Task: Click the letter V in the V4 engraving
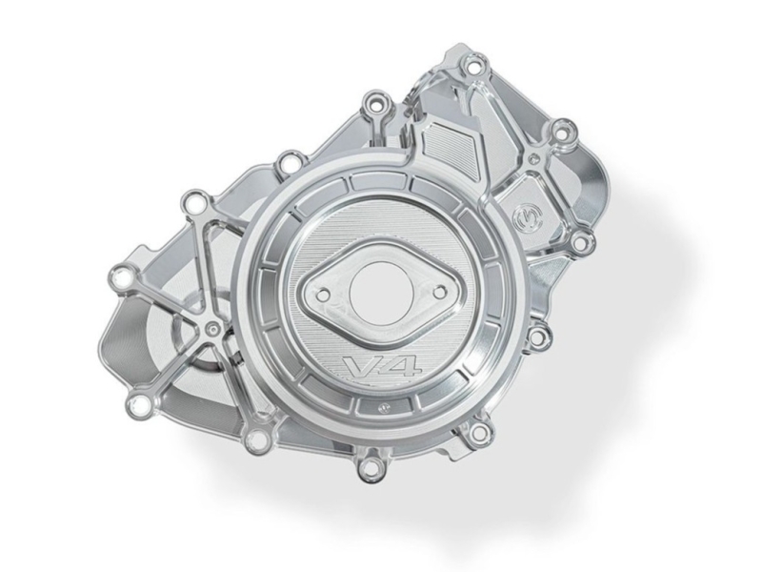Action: pos(359,366)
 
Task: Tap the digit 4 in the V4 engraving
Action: pos(399,366)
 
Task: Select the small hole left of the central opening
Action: pos(321,294)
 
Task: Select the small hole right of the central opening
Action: pos(439,293)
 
